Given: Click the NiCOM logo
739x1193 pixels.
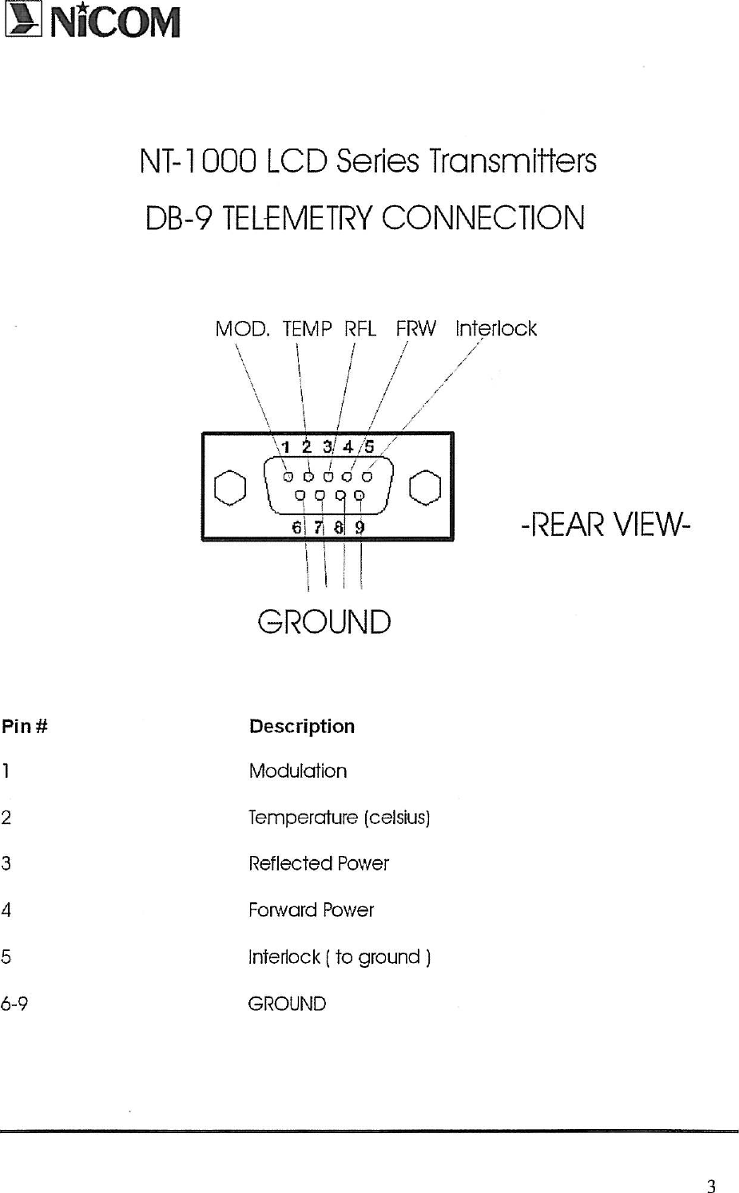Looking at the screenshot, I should point(92,21).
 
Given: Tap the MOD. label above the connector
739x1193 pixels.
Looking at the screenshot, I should point(242,328).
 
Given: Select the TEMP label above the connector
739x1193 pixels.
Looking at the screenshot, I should point(307,328).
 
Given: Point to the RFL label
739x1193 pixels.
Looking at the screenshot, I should point(360,328).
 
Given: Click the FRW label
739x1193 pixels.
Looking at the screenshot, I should point(416,328).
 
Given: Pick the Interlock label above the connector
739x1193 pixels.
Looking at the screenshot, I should point(495,328).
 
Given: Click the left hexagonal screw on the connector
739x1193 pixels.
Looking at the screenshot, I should point(230,488).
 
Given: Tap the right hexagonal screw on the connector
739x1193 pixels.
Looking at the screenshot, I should point(425,488).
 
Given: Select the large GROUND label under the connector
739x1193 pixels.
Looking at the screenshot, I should point(324,622).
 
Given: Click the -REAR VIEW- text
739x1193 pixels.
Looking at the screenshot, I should point(606,525).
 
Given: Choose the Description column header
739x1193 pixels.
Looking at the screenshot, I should point(301,726).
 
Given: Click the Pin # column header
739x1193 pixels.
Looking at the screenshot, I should point(25,726).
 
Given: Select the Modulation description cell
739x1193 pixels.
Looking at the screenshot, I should point(297,771).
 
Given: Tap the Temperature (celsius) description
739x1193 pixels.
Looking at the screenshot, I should point(340,818).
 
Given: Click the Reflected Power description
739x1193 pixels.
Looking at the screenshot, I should point(318,863).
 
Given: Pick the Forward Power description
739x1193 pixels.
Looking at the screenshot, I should point(311,910).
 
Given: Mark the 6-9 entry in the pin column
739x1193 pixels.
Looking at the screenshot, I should point(14,1004).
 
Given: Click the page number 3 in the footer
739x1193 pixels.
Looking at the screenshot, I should point(711,1186).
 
